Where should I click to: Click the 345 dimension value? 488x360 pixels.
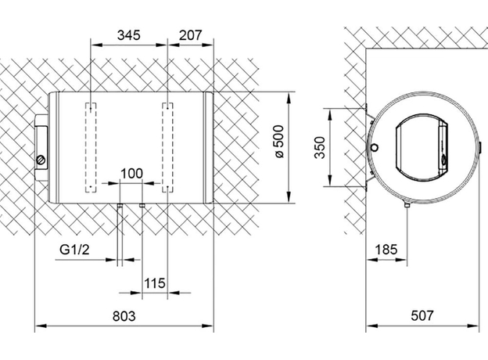129,34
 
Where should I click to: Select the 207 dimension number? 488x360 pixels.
190,34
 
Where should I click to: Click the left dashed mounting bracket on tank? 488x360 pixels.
91,146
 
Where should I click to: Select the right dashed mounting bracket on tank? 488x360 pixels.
167,146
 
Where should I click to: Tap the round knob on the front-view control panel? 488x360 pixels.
41,160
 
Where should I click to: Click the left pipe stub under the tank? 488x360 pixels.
118,207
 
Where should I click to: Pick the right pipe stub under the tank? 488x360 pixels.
142,207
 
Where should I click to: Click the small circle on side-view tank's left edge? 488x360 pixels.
375,149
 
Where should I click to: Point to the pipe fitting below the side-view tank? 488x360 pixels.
407,206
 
